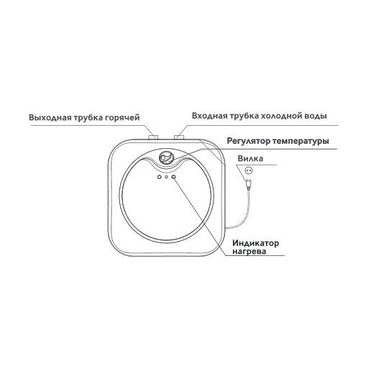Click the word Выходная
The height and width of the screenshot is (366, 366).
pos(50,118)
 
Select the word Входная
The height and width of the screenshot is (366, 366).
pos(209,116)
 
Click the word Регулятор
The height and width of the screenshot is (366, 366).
pos(248,141)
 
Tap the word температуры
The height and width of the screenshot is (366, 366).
pos(301,142)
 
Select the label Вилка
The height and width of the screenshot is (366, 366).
pos(250,158)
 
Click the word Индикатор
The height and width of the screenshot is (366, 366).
pos(255,243)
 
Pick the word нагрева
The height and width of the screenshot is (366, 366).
pos(250,252)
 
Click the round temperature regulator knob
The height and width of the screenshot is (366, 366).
pos(166,157)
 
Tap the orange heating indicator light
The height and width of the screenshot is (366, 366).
pos(173,177)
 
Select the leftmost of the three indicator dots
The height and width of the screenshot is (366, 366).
pos(159,177)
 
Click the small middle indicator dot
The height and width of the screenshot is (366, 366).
pos(166,177)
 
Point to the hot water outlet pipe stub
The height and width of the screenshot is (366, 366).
pos(153,137)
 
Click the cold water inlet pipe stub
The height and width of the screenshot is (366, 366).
pos(179,137)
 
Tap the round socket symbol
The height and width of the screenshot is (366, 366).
pos(249,170)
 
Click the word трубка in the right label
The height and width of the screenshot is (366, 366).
pos(244,116)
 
